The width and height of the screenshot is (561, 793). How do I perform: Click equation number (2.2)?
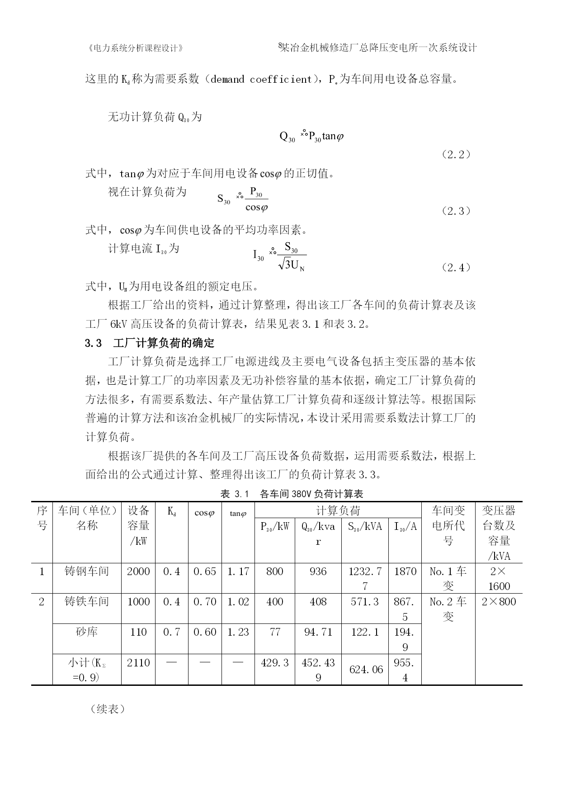click(456, 155)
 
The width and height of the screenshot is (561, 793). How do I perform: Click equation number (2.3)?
click(456, 211)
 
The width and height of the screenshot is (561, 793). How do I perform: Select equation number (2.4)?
click(456, 267)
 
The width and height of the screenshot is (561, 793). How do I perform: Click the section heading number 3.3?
click(94, 343)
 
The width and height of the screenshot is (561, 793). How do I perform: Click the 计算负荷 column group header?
click(338, 511)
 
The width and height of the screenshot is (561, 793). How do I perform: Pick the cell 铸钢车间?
click(87, 571)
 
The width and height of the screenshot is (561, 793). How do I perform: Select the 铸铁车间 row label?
click(87, 602)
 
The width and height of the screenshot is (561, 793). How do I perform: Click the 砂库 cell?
click(87, 632)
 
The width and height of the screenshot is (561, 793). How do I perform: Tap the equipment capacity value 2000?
click(138, 571)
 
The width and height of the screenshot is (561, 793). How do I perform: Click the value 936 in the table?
click(318, 571)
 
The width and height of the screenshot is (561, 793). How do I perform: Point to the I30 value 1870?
click(405, 571)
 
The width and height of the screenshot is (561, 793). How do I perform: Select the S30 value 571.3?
click(365, 602)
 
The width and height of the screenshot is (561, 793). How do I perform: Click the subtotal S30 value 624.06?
click(365, 670)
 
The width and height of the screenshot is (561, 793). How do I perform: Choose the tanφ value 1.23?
click(238, 632)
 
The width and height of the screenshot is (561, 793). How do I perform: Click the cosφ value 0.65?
click(205, 571)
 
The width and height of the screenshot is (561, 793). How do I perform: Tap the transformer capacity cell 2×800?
click(499, 602)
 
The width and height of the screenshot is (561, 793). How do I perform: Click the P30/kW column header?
click(275, 526)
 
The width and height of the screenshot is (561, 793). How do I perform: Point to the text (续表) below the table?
click(108, 709)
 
